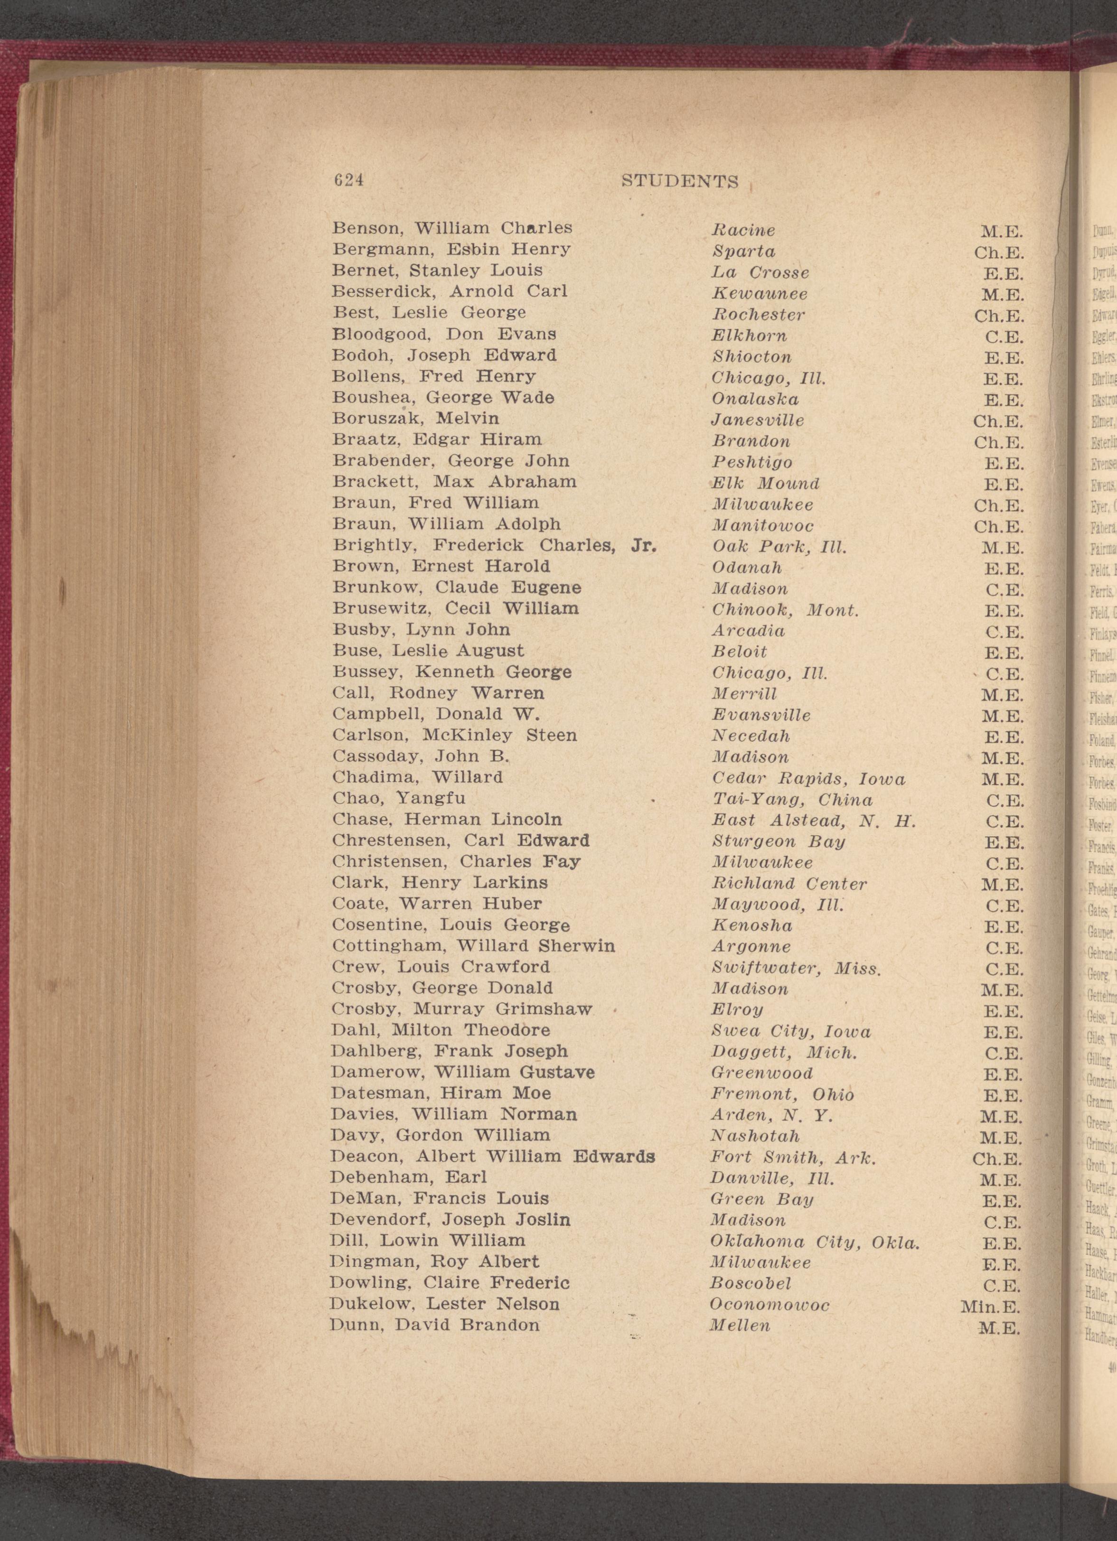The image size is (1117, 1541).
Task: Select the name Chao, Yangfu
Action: pos(399,798)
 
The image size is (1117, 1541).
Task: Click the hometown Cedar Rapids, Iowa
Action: pos(808,779)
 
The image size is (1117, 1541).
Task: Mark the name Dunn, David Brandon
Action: pos(435,1325)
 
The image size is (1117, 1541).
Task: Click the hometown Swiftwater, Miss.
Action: pos(796,968)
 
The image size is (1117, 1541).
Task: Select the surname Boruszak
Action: pos(373,419)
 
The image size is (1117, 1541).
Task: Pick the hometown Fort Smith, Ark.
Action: pos(793,1157)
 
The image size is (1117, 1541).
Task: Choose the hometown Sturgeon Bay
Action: pos(778,842)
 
